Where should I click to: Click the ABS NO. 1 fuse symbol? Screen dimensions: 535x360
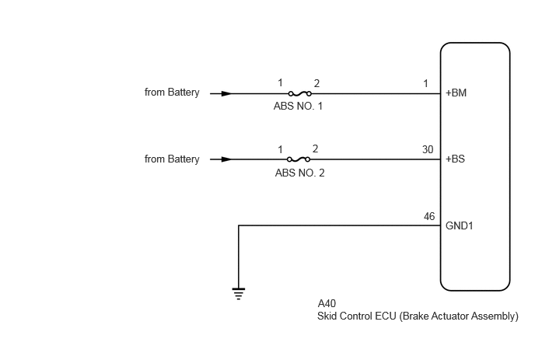point(300,93)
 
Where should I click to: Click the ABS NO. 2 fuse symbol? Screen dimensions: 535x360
point(299,159)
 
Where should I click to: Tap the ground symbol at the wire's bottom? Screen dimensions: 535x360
point(239,293)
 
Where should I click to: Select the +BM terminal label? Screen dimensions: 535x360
point(456,93)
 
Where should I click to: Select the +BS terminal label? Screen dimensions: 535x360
point(455,159)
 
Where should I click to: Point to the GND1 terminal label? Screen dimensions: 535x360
point(460,225)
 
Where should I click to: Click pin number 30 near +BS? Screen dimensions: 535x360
point(428,149)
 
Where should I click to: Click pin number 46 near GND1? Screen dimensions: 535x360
point(429,216)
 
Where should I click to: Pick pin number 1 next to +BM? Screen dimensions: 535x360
point(425,84)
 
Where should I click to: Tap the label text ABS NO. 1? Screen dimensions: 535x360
point(298,106)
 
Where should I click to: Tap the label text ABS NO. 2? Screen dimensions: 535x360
point(299,173)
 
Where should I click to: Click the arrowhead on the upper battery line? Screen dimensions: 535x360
point(226,93)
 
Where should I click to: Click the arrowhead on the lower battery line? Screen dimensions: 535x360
point(226,159)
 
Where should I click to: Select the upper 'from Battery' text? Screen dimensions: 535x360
point(172,92)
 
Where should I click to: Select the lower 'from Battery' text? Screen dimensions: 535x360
point(172,159)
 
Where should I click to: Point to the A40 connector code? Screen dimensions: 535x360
point(327,303)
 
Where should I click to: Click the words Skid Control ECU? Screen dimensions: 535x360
point(357,316)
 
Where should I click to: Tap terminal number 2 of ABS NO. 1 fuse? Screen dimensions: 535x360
point(316,83)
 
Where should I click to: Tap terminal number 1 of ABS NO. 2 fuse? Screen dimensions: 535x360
point(280,149)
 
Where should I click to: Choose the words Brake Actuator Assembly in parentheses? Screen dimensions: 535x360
point(459,316)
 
